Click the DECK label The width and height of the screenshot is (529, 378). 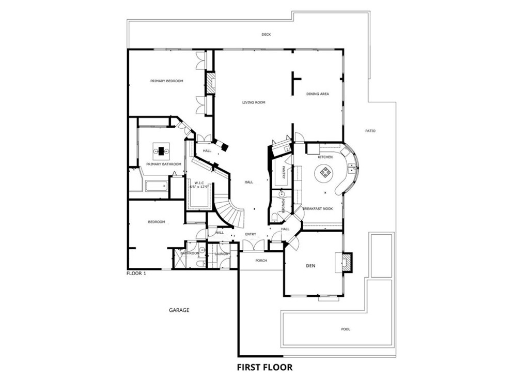pyautogui.click(x=266, y=35)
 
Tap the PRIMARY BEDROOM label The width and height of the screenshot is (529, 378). pyautogui.click(x=167, y=81)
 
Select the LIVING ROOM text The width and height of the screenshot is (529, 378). pyautogui.click(x=254, y=102)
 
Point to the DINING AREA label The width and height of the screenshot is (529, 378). pyautogui.click(x=318, y=94)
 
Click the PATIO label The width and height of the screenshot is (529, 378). pyautogui.click(x=370, y=131)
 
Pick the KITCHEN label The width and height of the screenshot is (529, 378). pyautogui.click(x=325, y=157)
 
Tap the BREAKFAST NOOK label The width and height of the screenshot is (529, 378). pyautogui.click(x=317, y=208)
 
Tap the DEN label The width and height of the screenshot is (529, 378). pyautogui.click(x=310, y=266)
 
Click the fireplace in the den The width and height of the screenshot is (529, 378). pyautogui.click(x=345, y=262)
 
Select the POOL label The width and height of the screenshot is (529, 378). pyautogui.click(x=346, y=329)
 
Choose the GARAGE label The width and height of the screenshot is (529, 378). pyautogui.click(x=179, y=310)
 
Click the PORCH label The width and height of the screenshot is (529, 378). pyautogui.click(x=261, y=261)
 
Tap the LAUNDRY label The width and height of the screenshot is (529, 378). pyautogui.click(x=222, y=254)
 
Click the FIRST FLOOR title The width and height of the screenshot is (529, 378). pyautogui.click(x=264, y=368)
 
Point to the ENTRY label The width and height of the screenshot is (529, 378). pyautogui.click(x=251, y=234)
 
